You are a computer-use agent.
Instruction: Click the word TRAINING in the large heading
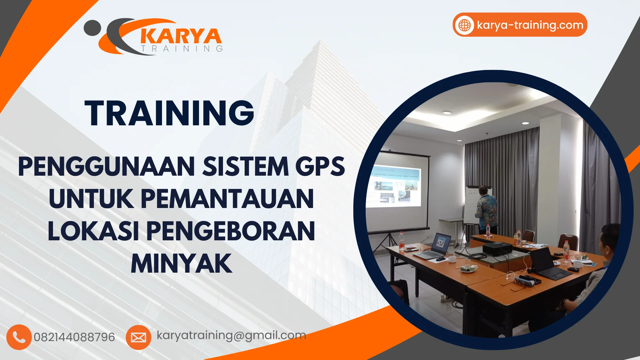pos(169,113)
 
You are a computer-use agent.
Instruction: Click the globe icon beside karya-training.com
pos(464,25)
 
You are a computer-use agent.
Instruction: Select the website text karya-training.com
pos(530,25)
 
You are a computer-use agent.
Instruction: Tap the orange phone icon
pos(19,337)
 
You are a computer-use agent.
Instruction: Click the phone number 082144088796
pos(74,337)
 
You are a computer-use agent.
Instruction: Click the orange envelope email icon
pos(138,337)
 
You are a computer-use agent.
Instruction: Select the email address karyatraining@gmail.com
pos(231,335)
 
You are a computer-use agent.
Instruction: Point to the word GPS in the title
pos(320,167)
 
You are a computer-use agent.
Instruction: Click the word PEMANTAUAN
pos(227,199)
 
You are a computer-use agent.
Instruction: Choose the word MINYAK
pos(181,264)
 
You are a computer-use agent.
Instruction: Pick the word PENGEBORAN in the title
pos(230,231)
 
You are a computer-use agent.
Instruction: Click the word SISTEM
pos(246,167)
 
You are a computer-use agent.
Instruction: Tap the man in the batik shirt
pos(487,210)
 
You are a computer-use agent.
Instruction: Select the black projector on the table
pos(497,248)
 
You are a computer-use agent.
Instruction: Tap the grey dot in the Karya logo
pos(92,28)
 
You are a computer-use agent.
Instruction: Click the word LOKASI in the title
pos(93,231)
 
